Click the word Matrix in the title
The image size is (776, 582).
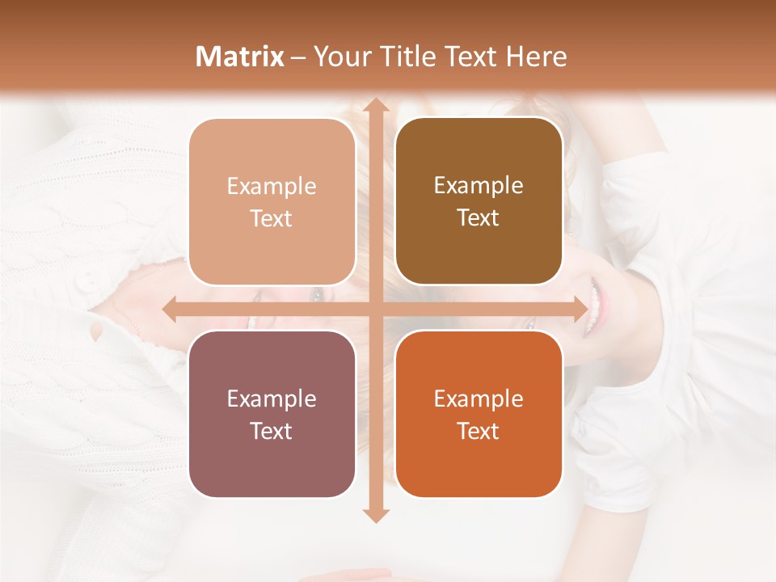click(240, 57)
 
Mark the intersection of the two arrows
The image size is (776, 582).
click(374, 310)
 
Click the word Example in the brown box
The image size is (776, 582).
click(479, 185)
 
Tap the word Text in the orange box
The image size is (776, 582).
click(479, 431)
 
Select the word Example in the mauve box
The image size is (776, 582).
click(272, 399)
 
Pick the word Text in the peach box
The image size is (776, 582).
click(272, 218)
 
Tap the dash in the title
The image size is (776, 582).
click(298, 57)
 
